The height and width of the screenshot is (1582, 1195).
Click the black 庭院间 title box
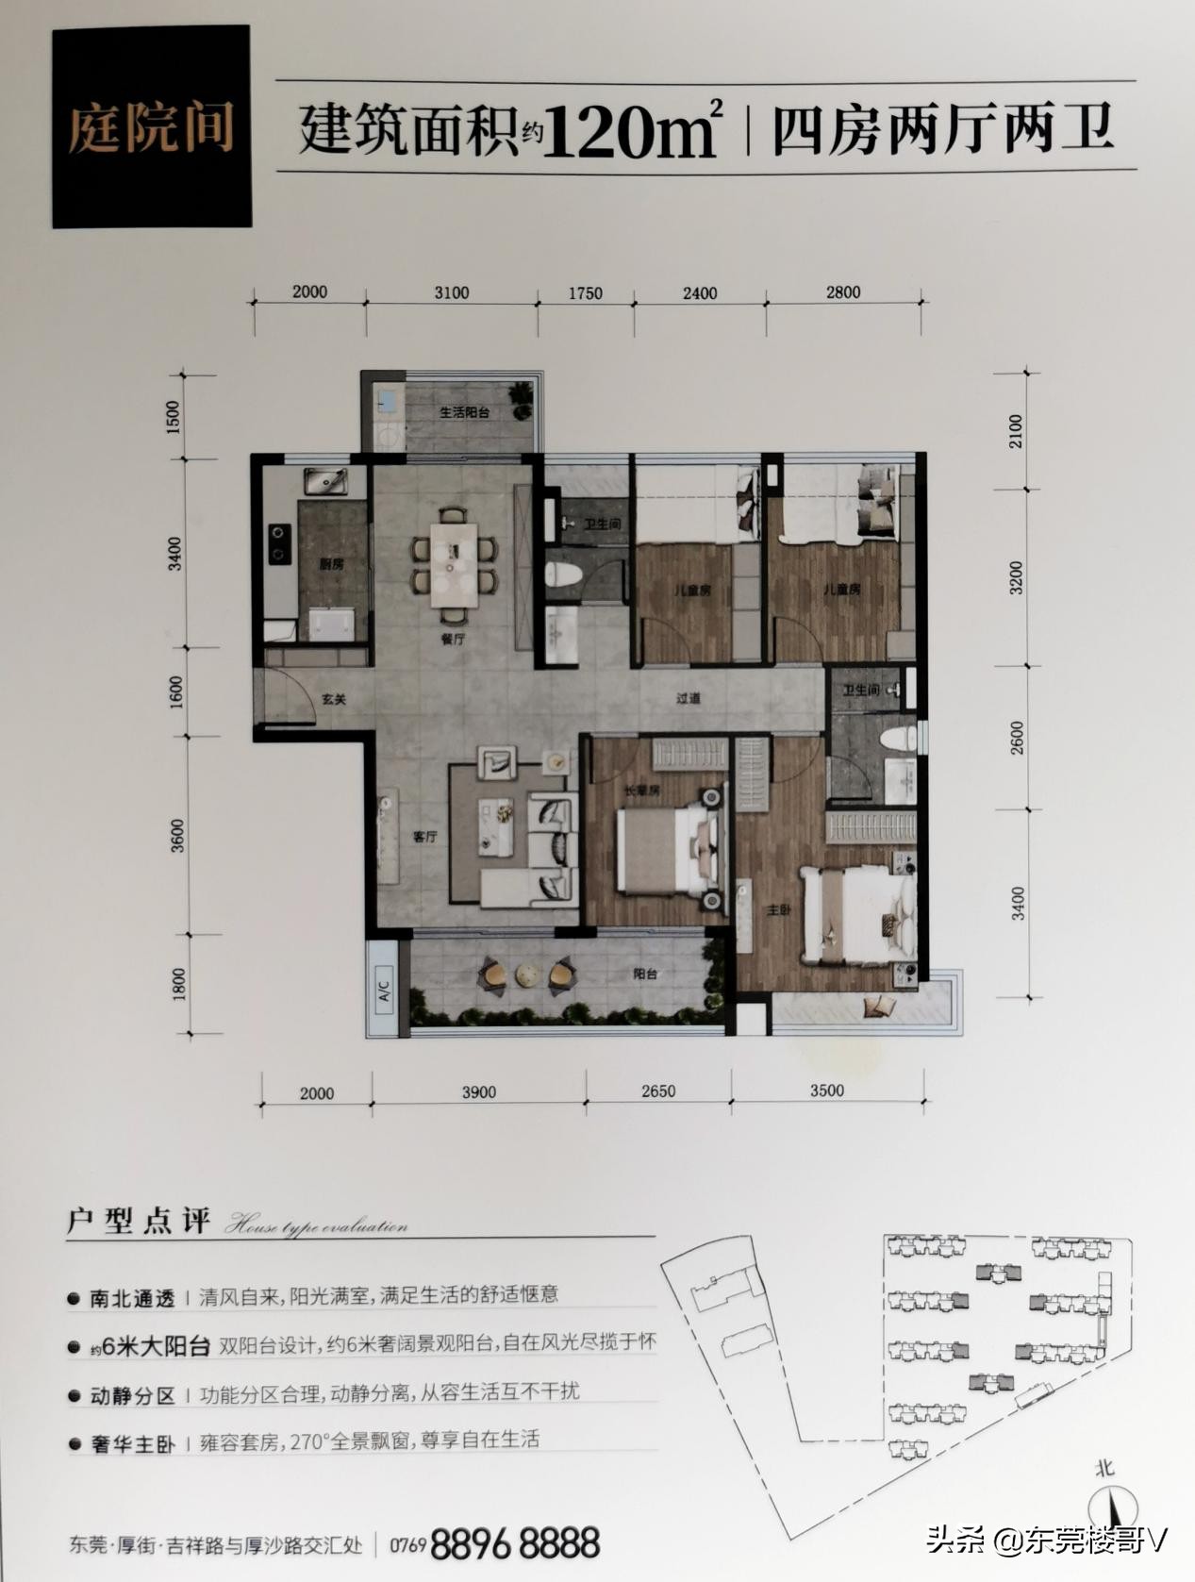click(151, 126)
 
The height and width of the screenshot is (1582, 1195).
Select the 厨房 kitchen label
click(330, 565)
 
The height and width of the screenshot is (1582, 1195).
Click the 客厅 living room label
click(424, 836)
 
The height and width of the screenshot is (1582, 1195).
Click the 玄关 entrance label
click(334, 700)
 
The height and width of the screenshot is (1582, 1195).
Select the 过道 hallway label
click(689, 699)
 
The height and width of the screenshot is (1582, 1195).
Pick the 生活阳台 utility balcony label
click(463, 412)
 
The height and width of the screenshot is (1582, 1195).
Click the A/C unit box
click(384, 991)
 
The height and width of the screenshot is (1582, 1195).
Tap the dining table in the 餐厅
click(454, 564)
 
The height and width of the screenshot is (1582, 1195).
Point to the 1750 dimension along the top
click(585, 293)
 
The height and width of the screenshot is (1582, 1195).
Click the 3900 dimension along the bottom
click(478, 1092)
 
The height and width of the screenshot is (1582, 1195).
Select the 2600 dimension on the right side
click(1016, 737)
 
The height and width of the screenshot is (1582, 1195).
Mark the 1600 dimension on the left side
click(177, 692)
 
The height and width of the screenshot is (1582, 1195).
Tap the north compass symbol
click(1111, 1506)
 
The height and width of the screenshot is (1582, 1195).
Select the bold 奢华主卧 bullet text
click(132, 1443)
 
